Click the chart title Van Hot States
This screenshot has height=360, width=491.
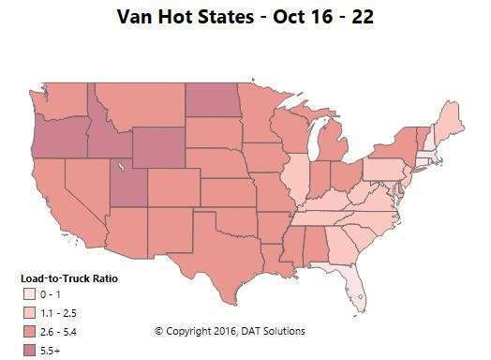click(x=245, y=16)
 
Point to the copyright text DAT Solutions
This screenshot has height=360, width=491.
click(x=272, y=331)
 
